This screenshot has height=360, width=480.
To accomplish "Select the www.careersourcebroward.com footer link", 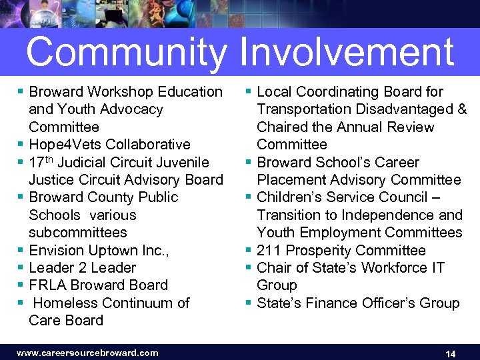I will coord(87,353).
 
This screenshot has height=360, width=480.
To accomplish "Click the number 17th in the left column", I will coord(41,162).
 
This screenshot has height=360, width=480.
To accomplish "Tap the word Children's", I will coord(288,197).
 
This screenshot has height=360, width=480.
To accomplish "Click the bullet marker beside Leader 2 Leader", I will coord(22,267).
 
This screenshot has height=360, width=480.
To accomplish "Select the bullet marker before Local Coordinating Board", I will coord(249,91).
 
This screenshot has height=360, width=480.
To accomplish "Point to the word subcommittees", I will coord(77,233).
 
